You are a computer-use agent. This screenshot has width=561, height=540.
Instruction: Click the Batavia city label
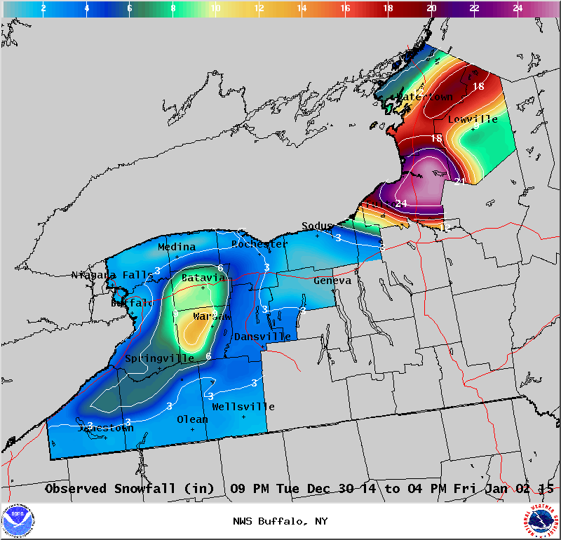203,278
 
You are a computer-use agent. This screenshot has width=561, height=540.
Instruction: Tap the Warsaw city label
211,317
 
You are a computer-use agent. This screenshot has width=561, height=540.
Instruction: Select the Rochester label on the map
259,244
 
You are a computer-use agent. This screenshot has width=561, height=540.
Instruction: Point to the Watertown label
425,97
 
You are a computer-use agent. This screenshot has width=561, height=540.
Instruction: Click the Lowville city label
473,119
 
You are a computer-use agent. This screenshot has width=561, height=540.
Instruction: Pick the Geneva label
332,281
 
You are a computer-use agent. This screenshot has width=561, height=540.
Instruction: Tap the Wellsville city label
243,407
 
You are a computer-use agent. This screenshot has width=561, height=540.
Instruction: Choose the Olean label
192,419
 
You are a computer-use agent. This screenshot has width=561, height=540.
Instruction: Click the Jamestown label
105,428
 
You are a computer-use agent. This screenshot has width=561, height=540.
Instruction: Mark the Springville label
159,358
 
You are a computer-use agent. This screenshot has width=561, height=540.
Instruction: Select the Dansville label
262,337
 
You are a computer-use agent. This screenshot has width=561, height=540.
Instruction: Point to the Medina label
177,247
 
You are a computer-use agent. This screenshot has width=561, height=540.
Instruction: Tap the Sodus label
317,226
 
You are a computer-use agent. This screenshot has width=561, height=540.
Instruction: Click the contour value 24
401,203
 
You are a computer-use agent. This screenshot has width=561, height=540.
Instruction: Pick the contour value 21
460,181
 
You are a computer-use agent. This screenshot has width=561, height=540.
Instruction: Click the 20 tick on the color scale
431,8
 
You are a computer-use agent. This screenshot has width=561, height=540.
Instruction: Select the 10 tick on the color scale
215,8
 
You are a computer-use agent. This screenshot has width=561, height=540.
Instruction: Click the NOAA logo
18,521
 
